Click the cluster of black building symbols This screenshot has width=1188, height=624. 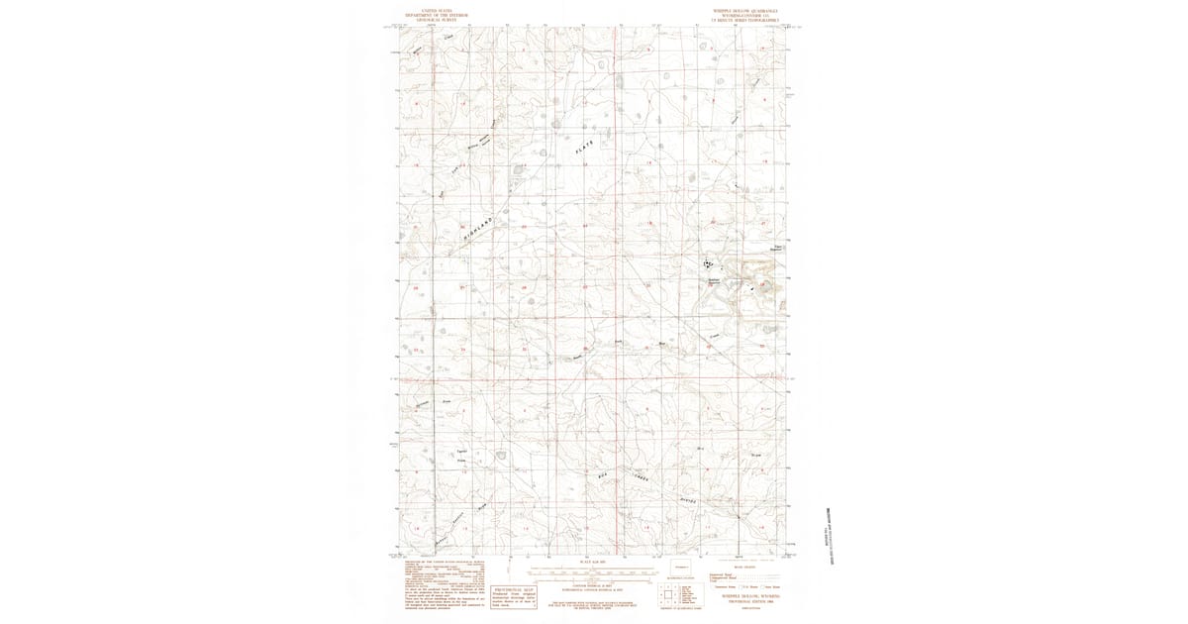pyautogui.click(x=708, y=264)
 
